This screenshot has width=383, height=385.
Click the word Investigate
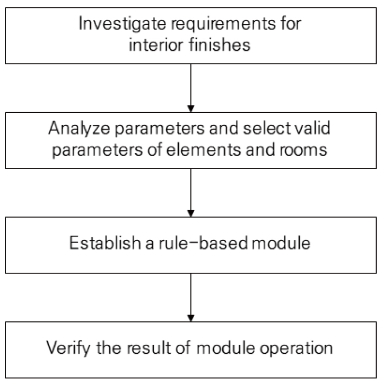click(123, 24)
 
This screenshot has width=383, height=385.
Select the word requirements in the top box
click(223, 24)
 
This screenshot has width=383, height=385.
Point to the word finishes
click(220, 44)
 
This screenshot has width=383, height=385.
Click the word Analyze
click(79, 129)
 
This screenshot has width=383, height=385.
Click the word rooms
click(303, 150)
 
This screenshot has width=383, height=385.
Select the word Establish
click(105, 243)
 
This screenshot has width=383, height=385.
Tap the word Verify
click(68, 348)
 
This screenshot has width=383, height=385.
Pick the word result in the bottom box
click(149, 348)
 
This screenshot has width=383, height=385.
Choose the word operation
click(296, 348)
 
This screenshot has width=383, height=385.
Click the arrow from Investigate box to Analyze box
click(191, 88)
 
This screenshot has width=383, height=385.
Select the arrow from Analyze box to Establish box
click(191, 193)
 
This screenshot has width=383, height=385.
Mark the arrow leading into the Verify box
click(191, 297)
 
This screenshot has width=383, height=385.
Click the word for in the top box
click(291, 23)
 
